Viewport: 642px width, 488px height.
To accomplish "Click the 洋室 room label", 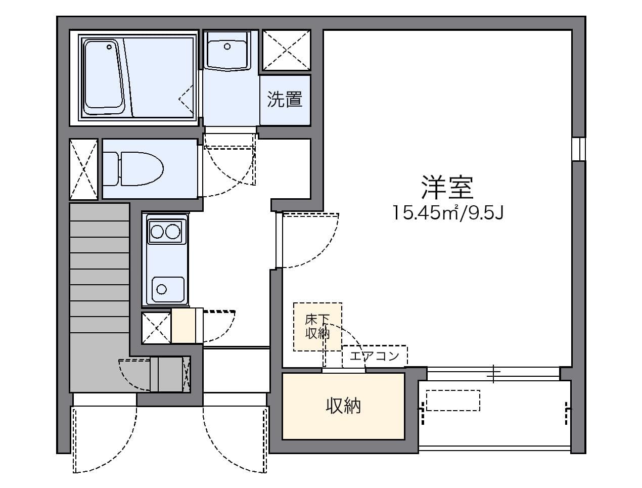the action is [x=447, y=187].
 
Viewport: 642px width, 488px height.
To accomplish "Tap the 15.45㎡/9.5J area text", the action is [x=447, y=213].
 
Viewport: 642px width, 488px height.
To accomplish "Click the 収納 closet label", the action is [x=343, y=406].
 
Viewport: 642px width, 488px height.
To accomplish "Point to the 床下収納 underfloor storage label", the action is [x=317, y=327].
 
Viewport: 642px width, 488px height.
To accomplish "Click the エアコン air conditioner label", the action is [x=374, y=356].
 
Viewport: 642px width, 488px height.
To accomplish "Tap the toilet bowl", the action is [x=142, y=168].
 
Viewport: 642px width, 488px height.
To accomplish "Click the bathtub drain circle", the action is [x=109, y=47].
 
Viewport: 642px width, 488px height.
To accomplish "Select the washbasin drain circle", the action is [x=227, y=46].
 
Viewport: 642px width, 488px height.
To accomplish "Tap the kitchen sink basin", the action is [x=168, y=290].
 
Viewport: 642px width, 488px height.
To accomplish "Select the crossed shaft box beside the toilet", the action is [x=83, y=169].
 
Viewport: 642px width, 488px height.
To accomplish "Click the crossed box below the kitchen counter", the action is [x=156, y=328].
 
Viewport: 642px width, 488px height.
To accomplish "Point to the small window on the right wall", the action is [x=578, y=149].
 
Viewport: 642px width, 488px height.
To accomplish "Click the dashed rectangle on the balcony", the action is [x=453, y=400].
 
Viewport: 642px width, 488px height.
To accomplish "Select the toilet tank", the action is [x=111, y=169].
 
